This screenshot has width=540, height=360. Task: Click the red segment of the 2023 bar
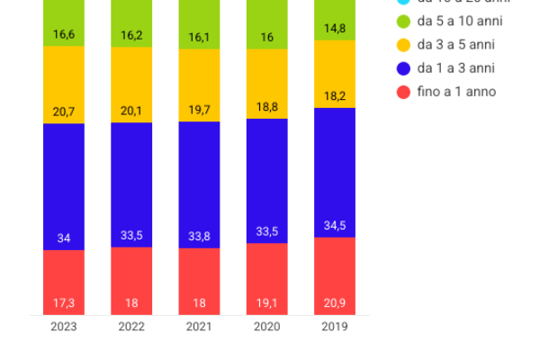pyautogui.click(x=64, y=282)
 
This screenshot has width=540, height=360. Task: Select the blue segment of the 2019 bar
pyautogui.click(x=335, y=171)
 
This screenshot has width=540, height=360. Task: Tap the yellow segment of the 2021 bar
pyautogui.click(x=199, y=85)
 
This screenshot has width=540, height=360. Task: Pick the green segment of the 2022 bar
pyautogui.click(x=131, y=22)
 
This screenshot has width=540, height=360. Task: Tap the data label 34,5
pyautogui.click(x=335, y=225)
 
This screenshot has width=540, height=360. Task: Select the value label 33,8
pyautogui.click(x=199, y=237)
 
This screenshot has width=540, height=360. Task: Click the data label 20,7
pyautogui.click(x=64, y=112)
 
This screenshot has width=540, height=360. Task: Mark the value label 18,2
pyautogui.click(x=335, y=95)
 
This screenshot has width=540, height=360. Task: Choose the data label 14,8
pyautogui.click(x=335, y=28)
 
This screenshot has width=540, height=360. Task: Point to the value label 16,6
pyautogui.click(x=64, y=34)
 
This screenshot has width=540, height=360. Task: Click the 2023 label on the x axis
pyautogui.click(x=64, y=327)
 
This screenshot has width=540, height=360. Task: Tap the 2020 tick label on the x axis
pyautogui.click(x=266, y=327)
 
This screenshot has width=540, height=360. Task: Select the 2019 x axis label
pyautogui.click(x=335, y=327)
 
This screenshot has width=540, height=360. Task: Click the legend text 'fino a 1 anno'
pyautogui.click(x=456, y=91)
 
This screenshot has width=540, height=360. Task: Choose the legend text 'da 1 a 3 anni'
pyautogui.click(x=456, y=67)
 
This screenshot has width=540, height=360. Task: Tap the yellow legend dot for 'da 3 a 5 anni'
pyautogui.click(x=404, y=44)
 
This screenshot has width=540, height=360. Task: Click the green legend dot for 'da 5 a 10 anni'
pyautogui.click(x=404, y=21)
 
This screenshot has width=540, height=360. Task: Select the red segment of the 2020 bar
pyautogui.click(x=266, y=279)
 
